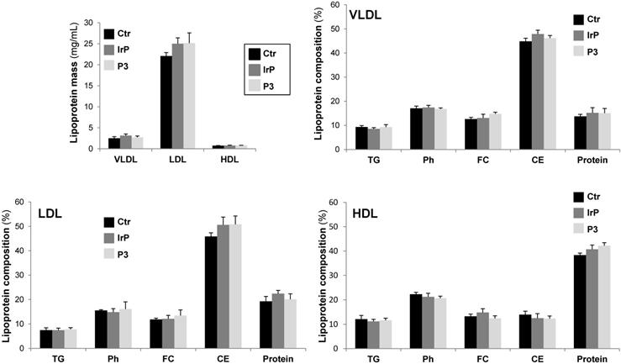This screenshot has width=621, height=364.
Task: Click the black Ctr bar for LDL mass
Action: pyautogui.click(x=166, y=102)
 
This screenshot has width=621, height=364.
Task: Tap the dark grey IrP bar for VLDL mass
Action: pyautogui.click(x=125, y=141)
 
